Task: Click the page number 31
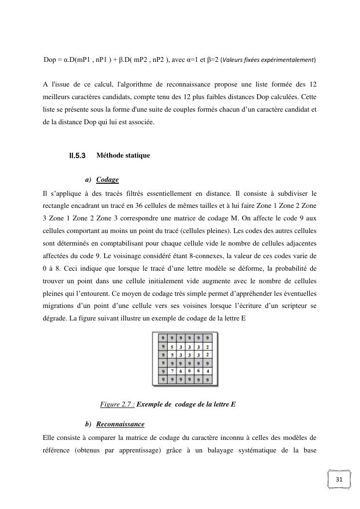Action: click(x=338, y=480)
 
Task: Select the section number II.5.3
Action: click(x=77, y=156)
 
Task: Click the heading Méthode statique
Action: click(x=123, y=155)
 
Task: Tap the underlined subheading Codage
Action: click(x=107, y=180)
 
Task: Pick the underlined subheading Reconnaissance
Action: click(x=120, y=424)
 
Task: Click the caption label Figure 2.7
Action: click(x=116, y=404)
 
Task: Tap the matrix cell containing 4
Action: click(x=207, y=371)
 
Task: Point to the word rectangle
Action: click(x=57, y=206)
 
